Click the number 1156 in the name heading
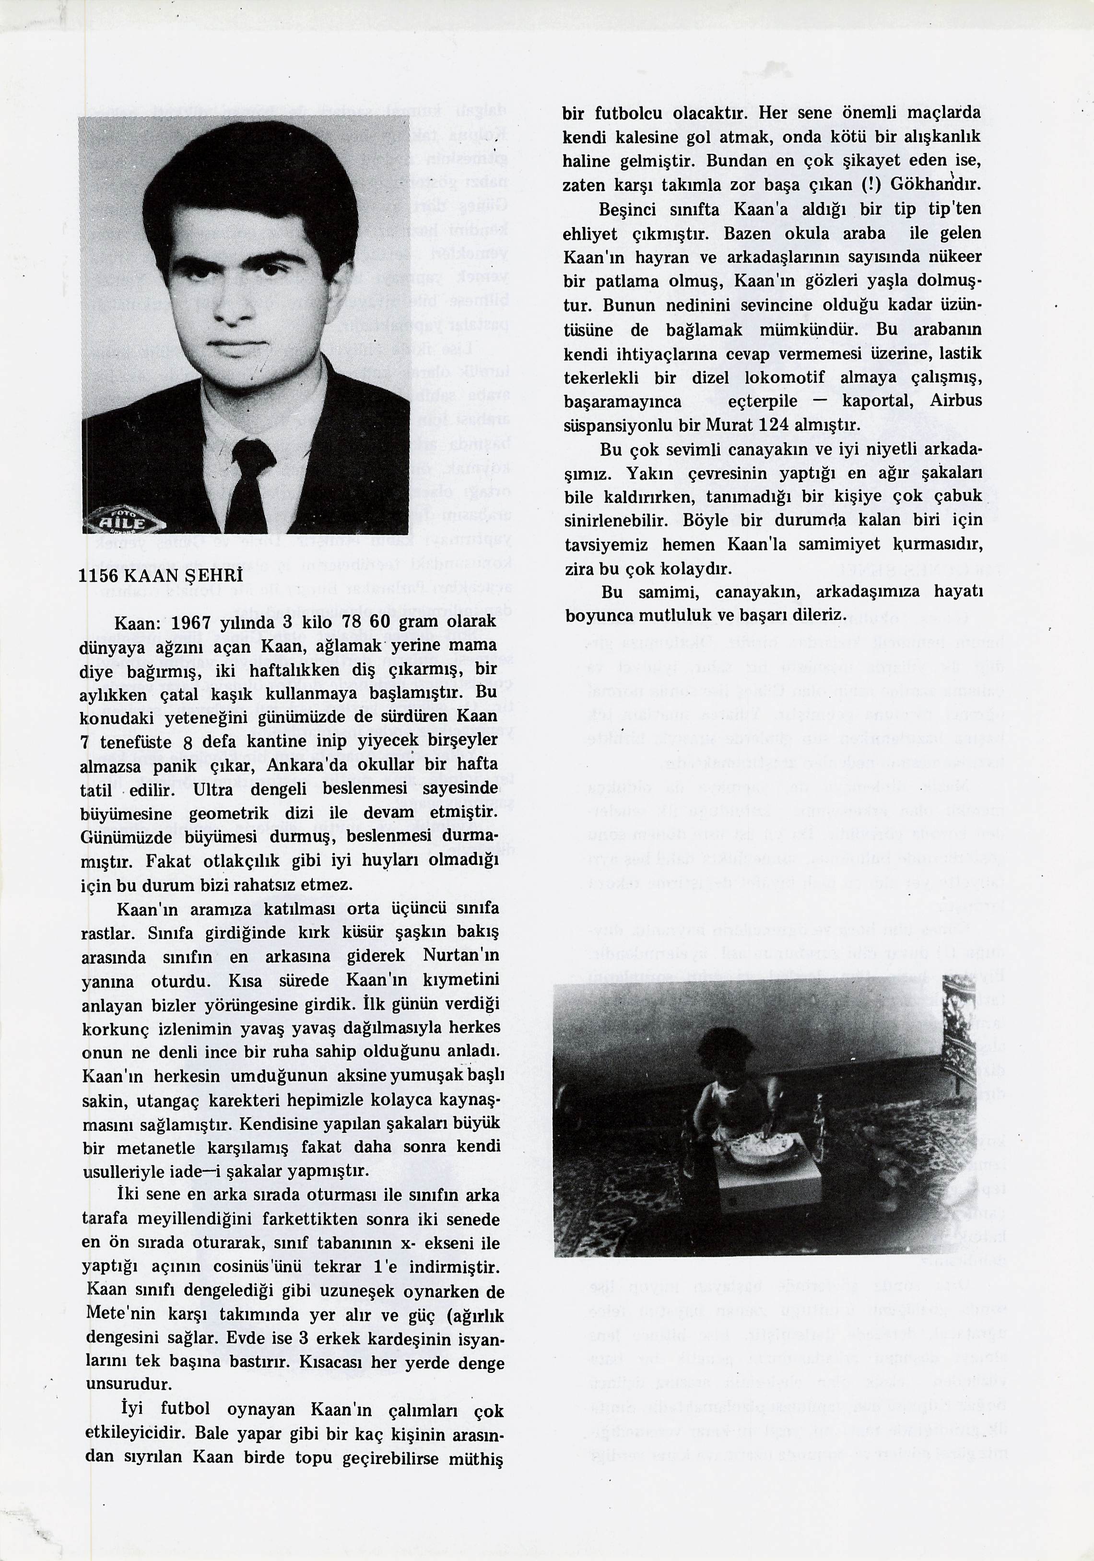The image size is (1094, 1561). [99, 575]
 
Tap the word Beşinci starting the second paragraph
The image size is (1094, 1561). [625, 210]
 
